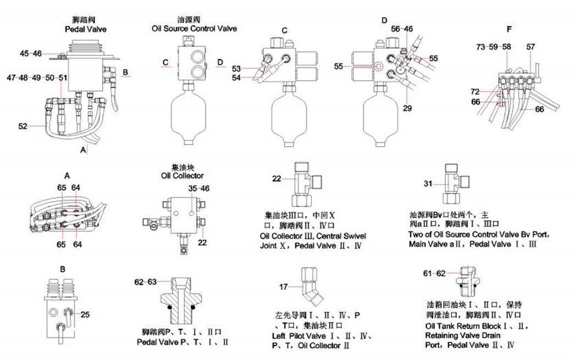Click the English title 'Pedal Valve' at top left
[x=85, y=29]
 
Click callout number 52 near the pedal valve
[x=23, y=126]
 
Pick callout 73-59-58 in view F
[x=494, y=47]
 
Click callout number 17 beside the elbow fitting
[x=284, y=286]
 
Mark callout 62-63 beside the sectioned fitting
[x=145, y=282]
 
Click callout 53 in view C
[x=236, y=69]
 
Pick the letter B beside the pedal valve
[x=125, y=73]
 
